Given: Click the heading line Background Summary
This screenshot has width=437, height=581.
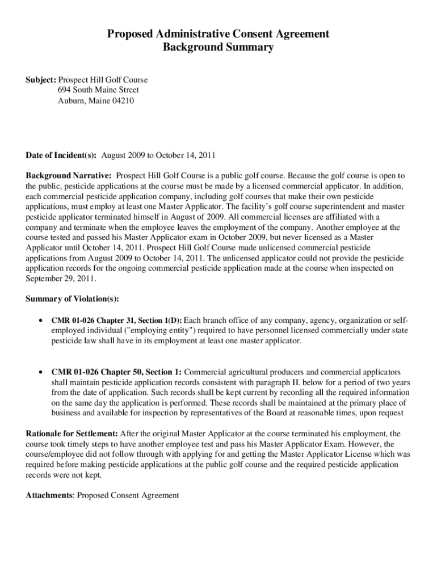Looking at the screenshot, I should pos(218,48).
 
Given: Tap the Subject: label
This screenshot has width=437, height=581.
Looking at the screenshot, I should pos(41,81).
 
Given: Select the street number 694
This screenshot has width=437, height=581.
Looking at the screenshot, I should pos(64,90).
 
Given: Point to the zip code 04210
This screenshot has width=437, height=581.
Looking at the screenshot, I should pos(123,100).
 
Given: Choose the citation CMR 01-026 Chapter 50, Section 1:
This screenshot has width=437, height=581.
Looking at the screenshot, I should pos(116,373).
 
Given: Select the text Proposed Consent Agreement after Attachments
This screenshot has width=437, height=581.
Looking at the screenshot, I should pos(128,495).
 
